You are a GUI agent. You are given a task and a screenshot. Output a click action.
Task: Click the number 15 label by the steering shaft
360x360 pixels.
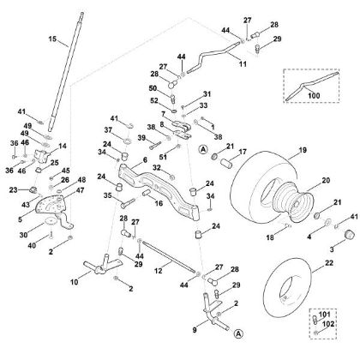pos(51,40)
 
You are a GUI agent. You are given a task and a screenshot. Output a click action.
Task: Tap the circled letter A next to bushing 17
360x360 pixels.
pos(202,149)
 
